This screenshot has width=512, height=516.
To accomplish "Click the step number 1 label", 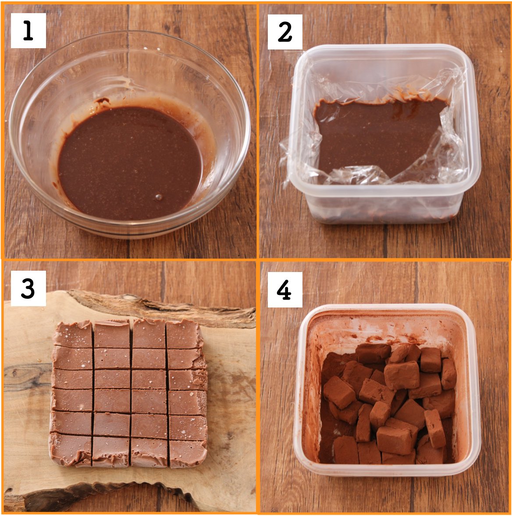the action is pos(28,31).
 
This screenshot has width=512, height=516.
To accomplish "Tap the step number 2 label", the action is pos(285,32).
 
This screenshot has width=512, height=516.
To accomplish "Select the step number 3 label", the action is pos(28,289).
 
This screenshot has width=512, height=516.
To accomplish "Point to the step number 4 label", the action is pos(285,290).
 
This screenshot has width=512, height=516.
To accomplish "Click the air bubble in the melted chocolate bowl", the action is pos(158,197).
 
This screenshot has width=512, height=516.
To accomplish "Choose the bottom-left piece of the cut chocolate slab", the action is pos(71,449).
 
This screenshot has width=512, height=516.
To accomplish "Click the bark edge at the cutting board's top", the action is pos(165,306).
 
